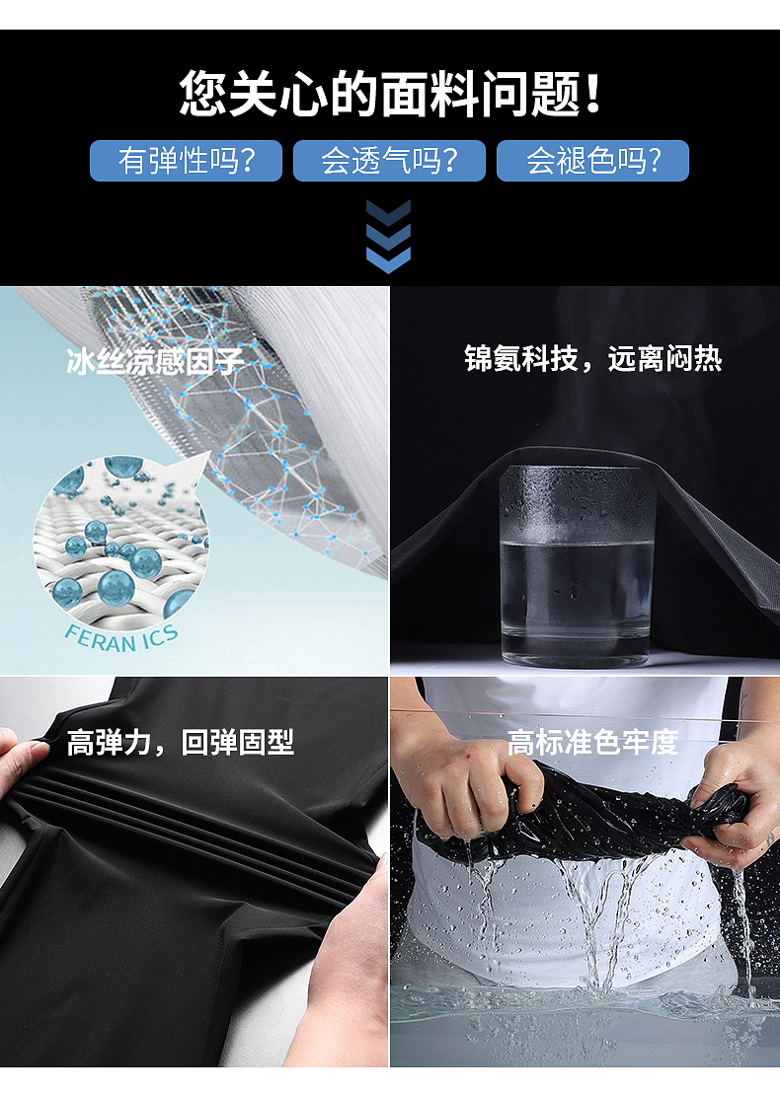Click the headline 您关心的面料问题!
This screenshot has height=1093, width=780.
[389, 93]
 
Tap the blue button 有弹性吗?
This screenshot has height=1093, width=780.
[187, 161]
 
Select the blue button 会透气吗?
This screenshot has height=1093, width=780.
[389, 161]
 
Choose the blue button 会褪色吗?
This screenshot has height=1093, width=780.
[593, 161]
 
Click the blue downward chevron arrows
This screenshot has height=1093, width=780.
[389, 237]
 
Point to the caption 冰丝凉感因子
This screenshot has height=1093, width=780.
[155, 362]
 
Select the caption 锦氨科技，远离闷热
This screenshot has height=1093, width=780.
[593, 359]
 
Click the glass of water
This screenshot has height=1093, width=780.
[577, 564]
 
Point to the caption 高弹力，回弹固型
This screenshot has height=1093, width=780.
[180, 743]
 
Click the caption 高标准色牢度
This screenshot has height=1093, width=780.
[592, 743]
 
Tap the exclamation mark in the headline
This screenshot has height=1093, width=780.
[593, 93]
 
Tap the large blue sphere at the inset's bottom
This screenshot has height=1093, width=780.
[116, 587]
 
